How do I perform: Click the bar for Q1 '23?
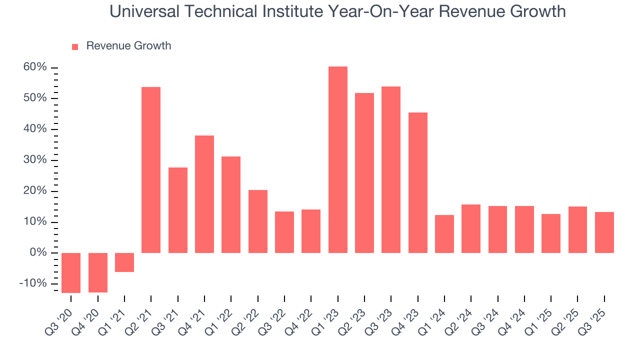[x=337, y=160]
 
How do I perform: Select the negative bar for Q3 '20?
[x=71, y=272]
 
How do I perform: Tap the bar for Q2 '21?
[x=151, y=170]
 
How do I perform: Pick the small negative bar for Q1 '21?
[x=124, y=262]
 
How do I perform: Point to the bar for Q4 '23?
[x=417, y=182]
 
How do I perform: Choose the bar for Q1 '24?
[x=444, y=233]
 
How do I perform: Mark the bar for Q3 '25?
[x=604, y=232]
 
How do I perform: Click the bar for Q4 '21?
[x=204, y=194]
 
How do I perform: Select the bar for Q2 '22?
[x=257, y=221]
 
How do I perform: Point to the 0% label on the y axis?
[x=38, y=252]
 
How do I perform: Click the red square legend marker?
[x=75, y=46]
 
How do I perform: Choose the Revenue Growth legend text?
[x=128, y=46]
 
